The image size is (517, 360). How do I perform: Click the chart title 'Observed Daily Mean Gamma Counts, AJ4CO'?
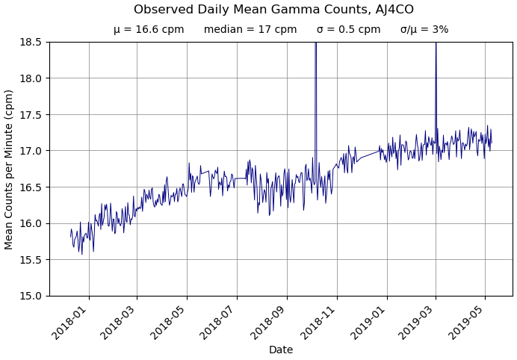click(273, 10)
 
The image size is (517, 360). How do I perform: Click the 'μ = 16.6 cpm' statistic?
click(149, 30)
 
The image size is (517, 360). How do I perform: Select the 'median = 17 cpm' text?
click(250, 30)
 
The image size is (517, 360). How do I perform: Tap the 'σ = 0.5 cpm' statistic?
click(348, 30)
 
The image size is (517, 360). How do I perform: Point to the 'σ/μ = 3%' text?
click(424, 30)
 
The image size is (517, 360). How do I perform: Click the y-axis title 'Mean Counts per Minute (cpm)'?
click(10, 170)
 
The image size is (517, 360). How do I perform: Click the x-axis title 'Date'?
click(281, 350)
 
